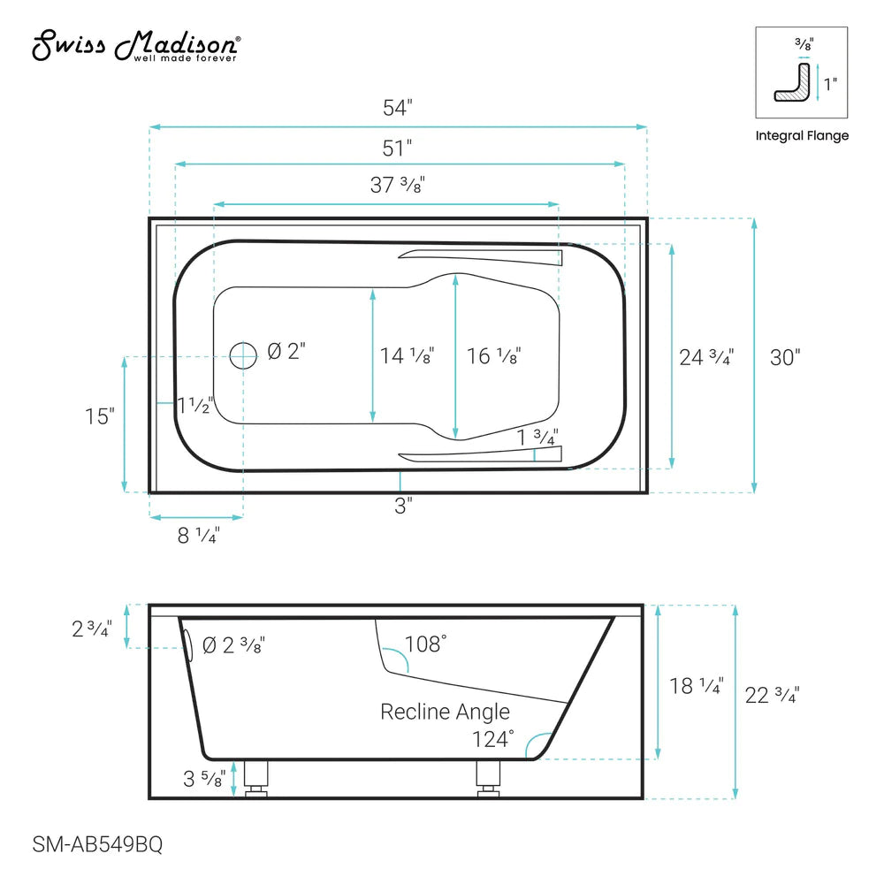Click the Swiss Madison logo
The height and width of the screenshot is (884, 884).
(x=135, y=46)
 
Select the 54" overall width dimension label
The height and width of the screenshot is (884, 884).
(x=398, y=108)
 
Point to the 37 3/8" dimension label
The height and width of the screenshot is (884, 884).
(x=398, y=186)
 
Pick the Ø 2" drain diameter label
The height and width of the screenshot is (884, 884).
(x=285, y=352)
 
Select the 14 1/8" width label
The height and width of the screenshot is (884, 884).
(x=407, y=356)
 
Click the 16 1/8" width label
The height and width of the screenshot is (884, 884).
(x=493, y=356)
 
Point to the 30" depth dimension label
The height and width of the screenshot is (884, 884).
(x=785, y=357)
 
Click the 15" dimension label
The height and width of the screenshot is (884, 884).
(x=100, y=415)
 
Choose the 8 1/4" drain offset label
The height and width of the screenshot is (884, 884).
(x=198, y=535)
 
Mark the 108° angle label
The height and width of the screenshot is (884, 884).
(x=425, y=644)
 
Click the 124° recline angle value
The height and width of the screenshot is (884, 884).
(x=492, y=738)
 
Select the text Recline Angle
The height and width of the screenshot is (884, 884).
(x=445, y=712)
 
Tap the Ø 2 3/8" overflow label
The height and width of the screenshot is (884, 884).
(x=233, y=645)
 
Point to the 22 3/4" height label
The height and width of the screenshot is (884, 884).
(x=773, y=695)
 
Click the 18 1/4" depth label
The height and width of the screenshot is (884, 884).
(x=697, y=686)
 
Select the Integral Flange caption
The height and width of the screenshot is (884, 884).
(x=802, y=136)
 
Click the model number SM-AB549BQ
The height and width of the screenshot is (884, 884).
(x=87, y=845)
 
